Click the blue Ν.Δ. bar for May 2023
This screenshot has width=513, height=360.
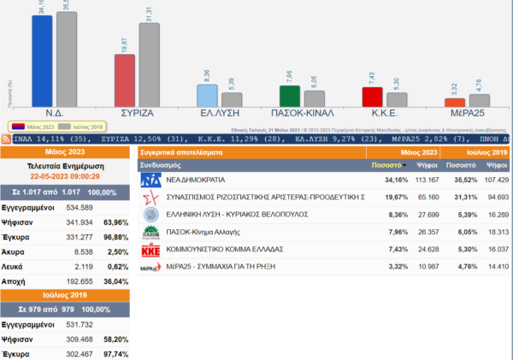tap(42, 60)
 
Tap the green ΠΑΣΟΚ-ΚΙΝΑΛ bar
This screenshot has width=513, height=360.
tap(290, 97)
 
